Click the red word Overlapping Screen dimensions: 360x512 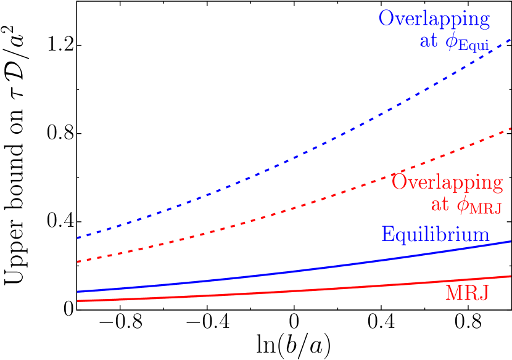click(x=447, y=183)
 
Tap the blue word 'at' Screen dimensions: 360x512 click(x=429, y=42)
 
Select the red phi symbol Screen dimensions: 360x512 click(x=462, y=205)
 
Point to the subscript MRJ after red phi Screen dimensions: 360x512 click(x=485, y=210)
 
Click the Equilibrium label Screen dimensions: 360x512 click(x=435, y=234)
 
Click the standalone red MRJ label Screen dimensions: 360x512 click(x=467, y=293)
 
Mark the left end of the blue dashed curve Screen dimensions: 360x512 click(x=78, y=237)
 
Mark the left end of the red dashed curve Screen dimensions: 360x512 click(x=78, y=262)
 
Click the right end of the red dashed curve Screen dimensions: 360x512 click(x=510, y=129)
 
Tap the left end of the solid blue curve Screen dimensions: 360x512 click(x=78, y=292)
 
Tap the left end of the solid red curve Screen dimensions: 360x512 click(x=78, y=301)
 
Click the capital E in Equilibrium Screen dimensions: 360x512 click(x=387, y=234)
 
